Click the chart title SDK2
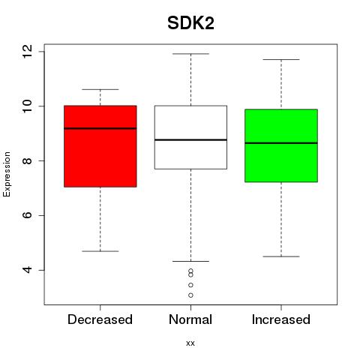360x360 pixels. [x=190, y=23]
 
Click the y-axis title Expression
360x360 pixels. [x=7, y=174]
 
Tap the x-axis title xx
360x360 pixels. [x=190, y=343]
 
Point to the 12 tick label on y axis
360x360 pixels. [x=27, y=52]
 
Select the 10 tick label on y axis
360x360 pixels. [x=27, y=106]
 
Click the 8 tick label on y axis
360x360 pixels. [x=27, y=160]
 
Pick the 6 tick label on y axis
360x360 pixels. [x=27, y=215]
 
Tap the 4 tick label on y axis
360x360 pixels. [x=27, y=270]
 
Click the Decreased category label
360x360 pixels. [x=100, y=319]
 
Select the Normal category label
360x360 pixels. [x=190, y=319]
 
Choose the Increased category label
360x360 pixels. [x=281, y=319]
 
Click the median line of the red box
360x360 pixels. [x=100, y=128]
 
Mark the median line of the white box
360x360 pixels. [x=190, y=139]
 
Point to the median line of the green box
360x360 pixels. [x=281, y=143]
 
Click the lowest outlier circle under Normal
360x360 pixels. [x=190, y=295]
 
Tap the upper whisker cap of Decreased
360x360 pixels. [x=100, y=89]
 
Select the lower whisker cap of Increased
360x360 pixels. [x=281, y=256]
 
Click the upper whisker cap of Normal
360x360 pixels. [x=190, y=54]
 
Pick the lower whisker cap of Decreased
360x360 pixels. [x=100, y=251]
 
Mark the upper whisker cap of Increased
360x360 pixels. [x=281, y=59]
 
